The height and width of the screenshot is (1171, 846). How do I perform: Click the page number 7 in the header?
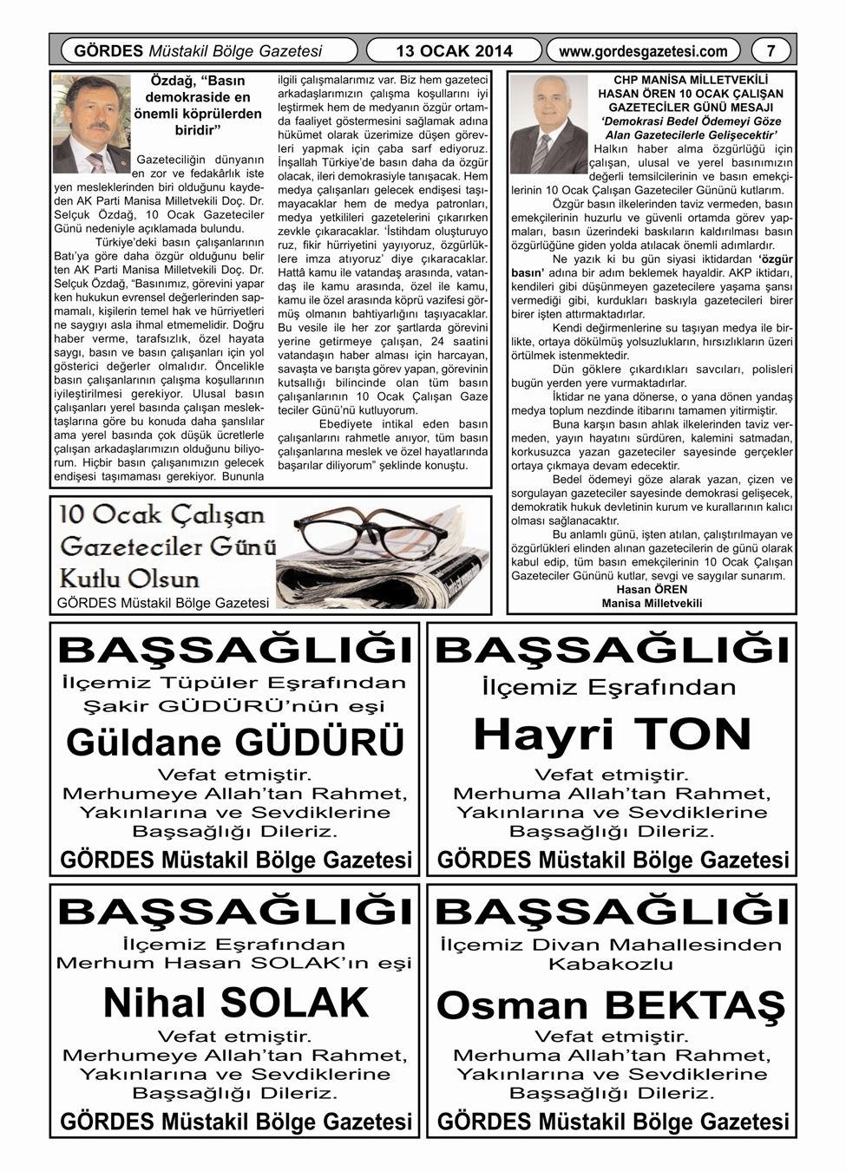pyautogui.click(x=771, y=51)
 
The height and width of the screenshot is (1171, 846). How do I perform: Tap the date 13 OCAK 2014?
pyautogui.click(x=454, y=51)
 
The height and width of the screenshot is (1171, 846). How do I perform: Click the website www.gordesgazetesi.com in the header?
pyautogui.click(x=643, y=51)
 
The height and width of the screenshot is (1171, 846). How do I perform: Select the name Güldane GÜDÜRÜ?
pyautogui.click(x=235, y=742)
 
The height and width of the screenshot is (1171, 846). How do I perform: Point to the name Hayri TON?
pyautogui.click(x=613, y=735)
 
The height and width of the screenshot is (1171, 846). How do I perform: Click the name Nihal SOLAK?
pyautogui.click(x=236, y=1003)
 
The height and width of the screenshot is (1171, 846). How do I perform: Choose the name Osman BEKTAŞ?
pyautogui.click(x=611, y=1005)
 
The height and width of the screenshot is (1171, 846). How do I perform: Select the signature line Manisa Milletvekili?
pyautogui.click(x=652, y=603)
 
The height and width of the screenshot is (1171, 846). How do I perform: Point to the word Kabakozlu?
pyautogui.click(x=611, y=964)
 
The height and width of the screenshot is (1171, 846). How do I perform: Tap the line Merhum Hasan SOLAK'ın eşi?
pyautogui.click(x=234, y=963)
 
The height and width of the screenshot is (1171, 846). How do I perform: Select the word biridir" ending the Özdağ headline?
pyautogui.click(x=198, y=130)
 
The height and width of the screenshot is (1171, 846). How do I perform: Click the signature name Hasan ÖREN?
pyautogui.click(x=652, y=590)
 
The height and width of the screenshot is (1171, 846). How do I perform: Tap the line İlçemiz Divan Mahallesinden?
pyautogui.click(x=611, y=945)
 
